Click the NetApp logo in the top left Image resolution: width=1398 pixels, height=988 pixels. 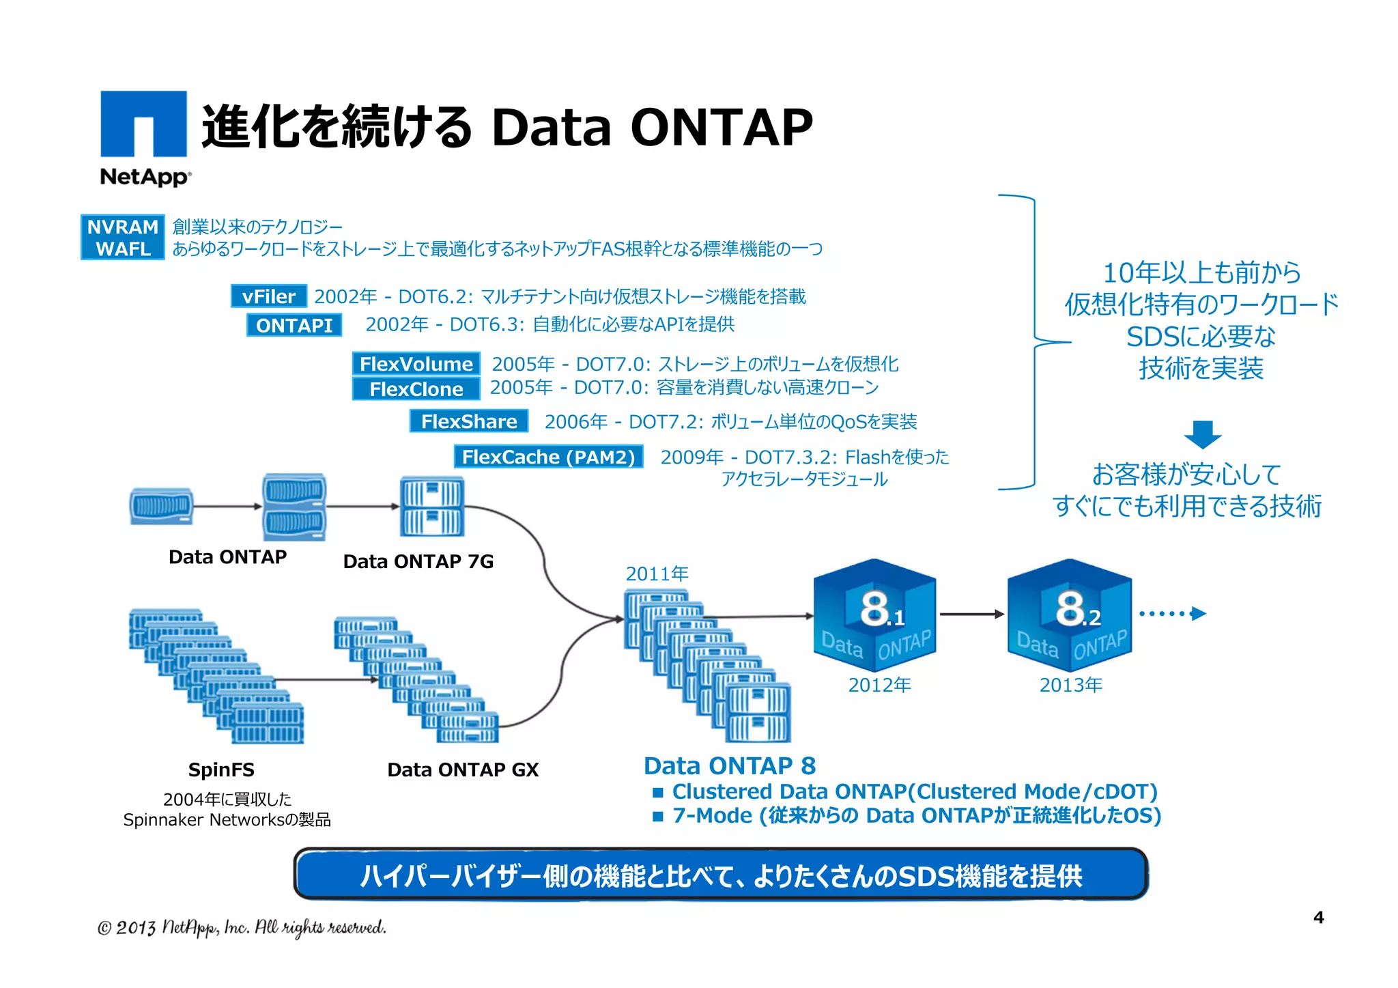pos(144,137)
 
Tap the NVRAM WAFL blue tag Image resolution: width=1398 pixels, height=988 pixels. pos(123,238)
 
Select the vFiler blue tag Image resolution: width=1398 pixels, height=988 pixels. pos(269,296)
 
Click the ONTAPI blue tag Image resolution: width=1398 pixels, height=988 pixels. pos(294,325)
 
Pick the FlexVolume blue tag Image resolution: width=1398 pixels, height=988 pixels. pos(416,363)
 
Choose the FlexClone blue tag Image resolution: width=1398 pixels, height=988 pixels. pos(416,389)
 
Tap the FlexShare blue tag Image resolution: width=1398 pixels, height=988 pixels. pos(469,421)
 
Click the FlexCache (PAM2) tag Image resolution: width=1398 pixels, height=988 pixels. pos(548,457)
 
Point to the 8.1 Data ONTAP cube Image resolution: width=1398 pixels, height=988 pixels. pos(874,614)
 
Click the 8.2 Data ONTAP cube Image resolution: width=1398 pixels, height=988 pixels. pos(1069,614)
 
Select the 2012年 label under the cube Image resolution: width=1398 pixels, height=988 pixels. pos(879,685)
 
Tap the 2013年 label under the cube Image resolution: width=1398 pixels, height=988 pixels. pos(1070,685)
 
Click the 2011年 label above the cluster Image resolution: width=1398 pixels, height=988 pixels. pos(657,574)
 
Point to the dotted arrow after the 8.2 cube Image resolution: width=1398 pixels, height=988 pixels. pos(1172,613)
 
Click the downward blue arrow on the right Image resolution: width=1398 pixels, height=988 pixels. pos(1202,434)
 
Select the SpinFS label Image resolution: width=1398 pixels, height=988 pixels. pos(221,770)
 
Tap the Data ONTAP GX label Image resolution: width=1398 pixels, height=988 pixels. pos(463,770)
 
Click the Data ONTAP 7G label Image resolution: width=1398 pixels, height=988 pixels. pos(418,561)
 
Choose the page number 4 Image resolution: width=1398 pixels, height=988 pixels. pos(1318,917)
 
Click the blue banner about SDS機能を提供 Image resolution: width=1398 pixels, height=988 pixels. pos(721,875)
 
